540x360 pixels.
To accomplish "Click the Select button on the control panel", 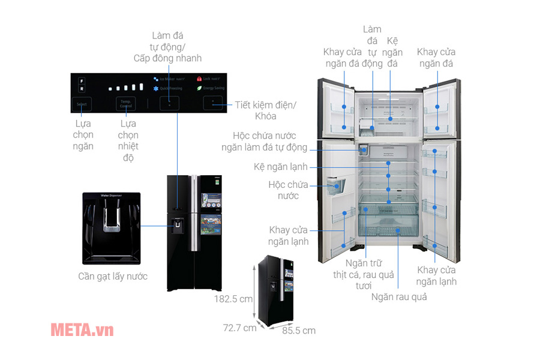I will click(82, 104).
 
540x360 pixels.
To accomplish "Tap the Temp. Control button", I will click(125, 104).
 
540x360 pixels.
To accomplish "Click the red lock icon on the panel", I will click(198, 78).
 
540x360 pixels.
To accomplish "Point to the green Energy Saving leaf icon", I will click(199, 88).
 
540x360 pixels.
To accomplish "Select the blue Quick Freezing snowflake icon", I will click(156, 88).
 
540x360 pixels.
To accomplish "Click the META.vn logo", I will click(82, 329).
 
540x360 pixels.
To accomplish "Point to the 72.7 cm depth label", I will click(239, 328).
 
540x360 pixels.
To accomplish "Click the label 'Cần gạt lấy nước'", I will click(113, 277).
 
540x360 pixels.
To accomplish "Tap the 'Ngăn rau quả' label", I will click(399, 296).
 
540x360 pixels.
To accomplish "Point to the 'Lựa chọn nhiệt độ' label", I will click(128, 140).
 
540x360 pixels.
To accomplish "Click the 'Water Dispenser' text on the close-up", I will click(111, 196).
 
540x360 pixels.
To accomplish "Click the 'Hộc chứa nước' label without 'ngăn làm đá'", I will click(284, 190).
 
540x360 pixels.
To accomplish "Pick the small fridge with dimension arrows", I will click(275, 290).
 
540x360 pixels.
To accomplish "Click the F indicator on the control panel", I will click(82, 79).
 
